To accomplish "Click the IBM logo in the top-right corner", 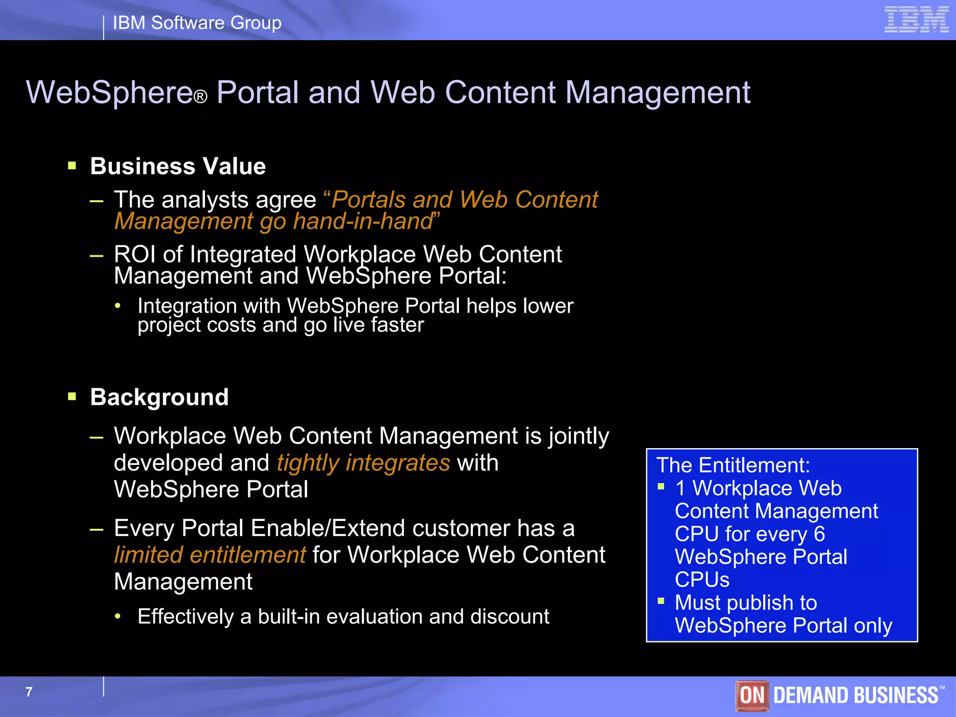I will pos(916,20).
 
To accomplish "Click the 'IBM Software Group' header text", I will pos(197,23).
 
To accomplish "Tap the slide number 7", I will pos(29,692).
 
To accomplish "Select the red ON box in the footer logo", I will pos(752,695).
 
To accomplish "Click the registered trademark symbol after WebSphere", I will pos(200,97).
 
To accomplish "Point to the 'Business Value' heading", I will pos(178,166).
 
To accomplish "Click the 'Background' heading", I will pos(159,397).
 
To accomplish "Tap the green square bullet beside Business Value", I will pos(72,165).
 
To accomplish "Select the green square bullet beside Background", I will pos(72,396).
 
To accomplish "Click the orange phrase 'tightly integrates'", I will pos(363,463).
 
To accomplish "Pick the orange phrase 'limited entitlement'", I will pos(210,555).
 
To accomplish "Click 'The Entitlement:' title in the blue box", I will pos(733,465).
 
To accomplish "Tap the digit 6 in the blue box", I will pos(819,534).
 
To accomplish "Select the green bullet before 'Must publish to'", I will pos(661,601).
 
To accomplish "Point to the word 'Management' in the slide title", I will pos(658,92).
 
